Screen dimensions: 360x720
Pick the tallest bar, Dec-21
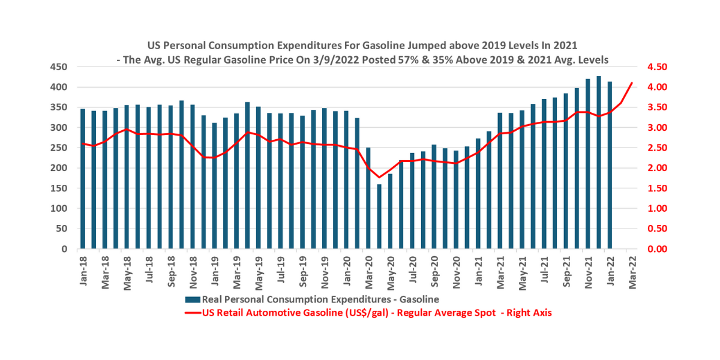pyautogui.click(x=599, y=163)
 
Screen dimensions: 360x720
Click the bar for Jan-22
pyautogui.click(x=610, y=165)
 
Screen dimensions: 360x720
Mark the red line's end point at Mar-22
pyautogui.click(x=632, y=83)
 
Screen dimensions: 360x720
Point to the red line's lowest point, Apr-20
pyautogui.click(x=379, y=178)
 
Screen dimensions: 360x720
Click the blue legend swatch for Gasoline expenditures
pyautogui.click(x=192, y=299)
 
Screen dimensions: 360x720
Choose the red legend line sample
pyautogui.click(x=192, y=313)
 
